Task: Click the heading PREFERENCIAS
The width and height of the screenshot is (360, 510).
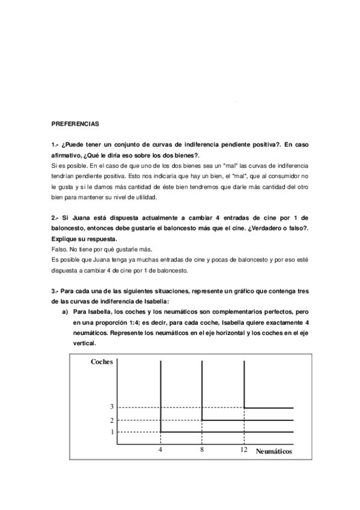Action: (75, 124)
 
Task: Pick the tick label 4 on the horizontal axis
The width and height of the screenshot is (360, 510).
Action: (160, 449)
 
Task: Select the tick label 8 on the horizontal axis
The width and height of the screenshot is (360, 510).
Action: (202, 449)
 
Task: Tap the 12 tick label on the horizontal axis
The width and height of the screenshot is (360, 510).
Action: (243, 449)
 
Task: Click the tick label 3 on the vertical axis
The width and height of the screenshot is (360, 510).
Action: (111, 408)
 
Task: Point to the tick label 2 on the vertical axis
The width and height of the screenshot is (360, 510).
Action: (111, 420)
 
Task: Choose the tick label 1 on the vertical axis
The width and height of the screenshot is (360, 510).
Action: (111, 432)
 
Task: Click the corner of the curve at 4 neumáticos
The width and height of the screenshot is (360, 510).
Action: (160, 432)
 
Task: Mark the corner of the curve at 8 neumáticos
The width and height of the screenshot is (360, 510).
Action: (202, 420)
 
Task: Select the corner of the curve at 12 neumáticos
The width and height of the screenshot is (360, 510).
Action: (244, 408)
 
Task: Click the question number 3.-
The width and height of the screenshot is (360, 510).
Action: (55, 291)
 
